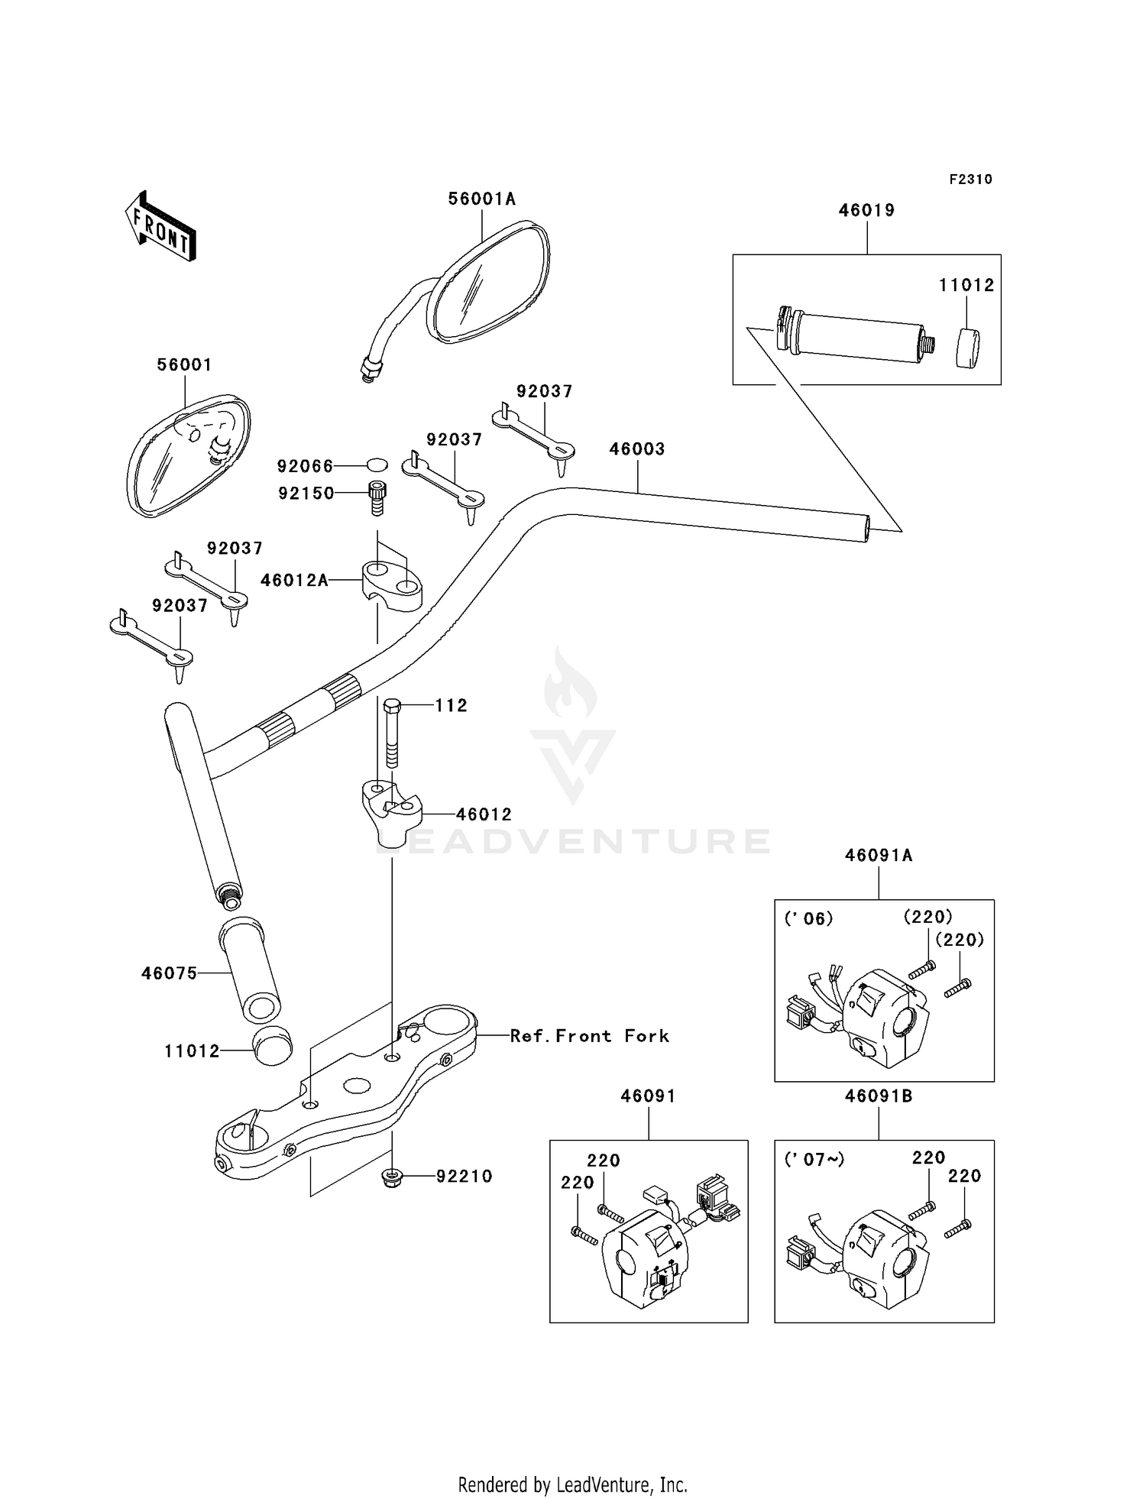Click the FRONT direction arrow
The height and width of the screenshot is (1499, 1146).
(x=161, y=227)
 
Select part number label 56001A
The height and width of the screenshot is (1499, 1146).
(x=482, y=199)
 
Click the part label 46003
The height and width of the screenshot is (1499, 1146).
(x=637, y=449)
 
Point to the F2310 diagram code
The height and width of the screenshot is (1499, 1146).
(x=971, y=180)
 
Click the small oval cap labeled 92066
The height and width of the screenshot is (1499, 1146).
(x=377, y=465)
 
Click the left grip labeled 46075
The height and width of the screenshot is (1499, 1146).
(x=250, y=970)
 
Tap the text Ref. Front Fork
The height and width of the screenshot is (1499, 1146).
(x=590, y=1036)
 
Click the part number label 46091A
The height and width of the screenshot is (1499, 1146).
(x=879, y=856)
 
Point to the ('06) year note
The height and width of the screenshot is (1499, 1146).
(x=808, y=918)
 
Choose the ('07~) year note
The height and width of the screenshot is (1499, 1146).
(x=814, y=1159)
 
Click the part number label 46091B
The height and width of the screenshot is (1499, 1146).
(x=879, y=1096)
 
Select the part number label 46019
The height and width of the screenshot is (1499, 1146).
(x=867, y=211)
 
